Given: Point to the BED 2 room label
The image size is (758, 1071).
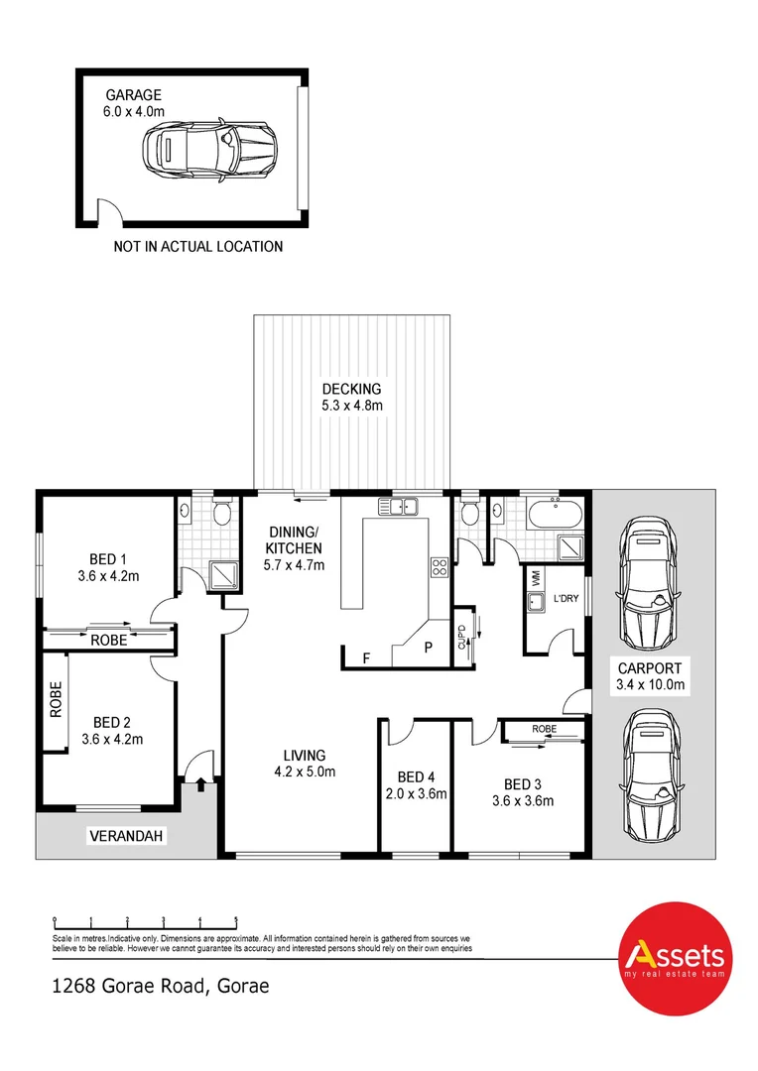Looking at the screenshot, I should pyautogui.click(x=112, y=722).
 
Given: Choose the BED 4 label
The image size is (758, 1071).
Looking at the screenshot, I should pyautogui.click(x=416, y=776).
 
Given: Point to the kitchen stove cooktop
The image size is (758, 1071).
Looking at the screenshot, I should pyautogui.click(x=439, y=567).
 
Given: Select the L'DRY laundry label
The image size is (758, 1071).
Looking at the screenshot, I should pyautogui.click(x=566, y=598).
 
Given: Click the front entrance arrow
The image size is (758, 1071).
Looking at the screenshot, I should pyautogui.click(x=201, y=785).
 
